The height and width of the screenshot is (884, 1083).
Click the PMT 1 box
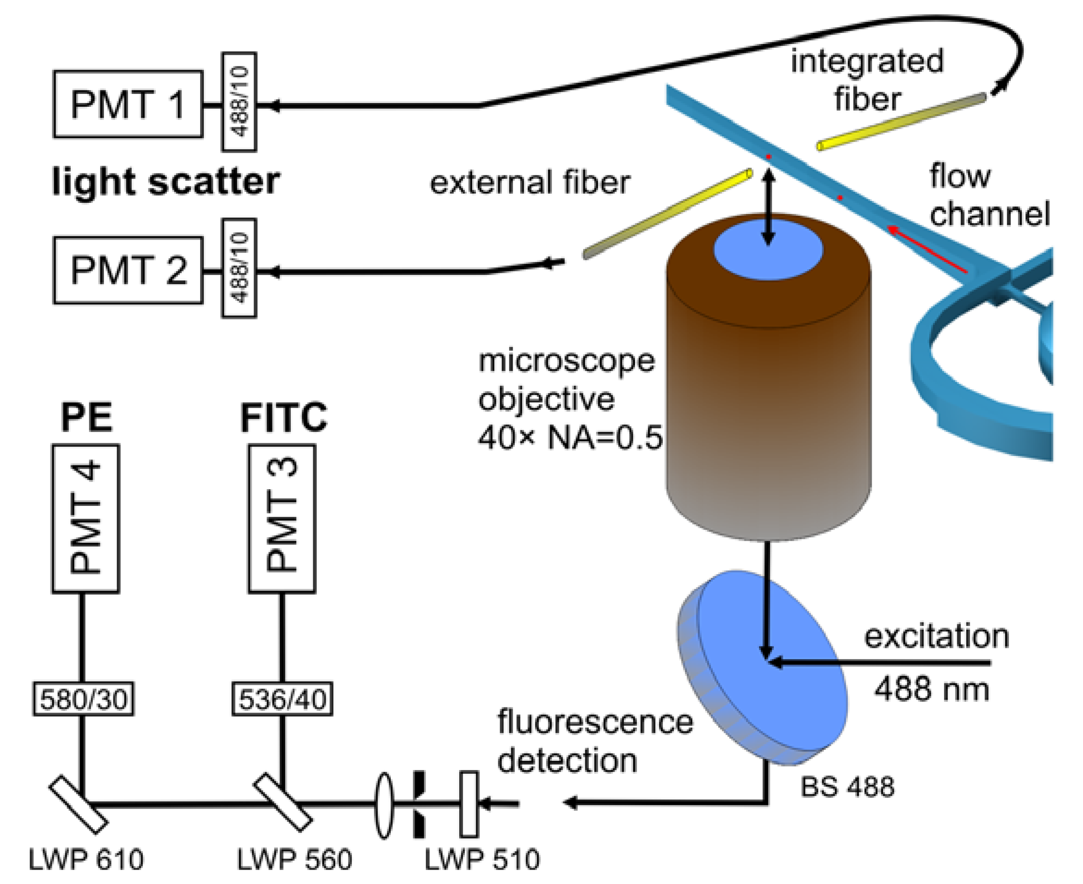point(128,105)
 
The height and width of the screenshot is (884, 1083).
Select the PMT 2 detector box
point(128,271)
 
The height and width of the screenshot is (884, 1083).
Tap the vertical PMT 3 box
point(282,518)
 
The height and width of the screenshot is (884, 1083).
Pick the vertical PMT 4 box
point(86,518)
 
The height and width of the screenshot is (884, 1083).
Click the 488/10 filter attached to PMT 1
point(239,102)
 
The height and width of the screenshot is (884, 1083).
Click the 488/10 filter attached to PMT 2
point(239,268)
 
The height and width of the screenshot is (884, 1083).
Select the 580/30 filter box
point(83,699)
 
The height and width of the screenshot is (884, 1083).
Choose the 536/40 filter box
point(282,699)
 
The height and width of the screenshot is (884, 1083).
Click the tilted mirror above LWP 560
point(282,802)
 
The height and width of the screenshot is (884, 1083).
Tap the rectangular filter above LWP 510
point(469,803)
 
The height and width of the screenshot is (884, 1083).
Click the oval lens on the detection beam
point(384,804)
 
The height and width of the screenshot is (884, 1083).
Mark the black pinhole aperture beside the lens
point(419,804)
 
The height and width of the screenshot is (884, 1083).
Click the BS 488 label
point(847,787)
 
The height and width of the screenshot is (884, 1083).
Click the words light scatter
point(166,182)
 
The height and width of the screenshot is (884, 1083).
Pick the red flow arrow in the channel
point(926,249)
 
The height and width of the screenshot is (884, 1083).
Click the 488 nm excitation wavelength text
point(932,689)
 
